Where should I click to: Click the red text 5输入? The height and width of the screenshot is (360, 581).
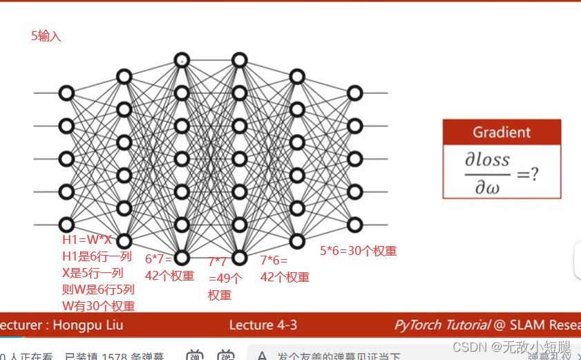(x=46, y=37)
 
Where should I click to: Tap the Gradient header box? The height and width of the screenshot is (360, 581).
(x=502, y=132)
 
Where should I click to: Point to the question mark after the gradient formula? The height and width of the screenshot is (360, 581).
(x=533, y=173)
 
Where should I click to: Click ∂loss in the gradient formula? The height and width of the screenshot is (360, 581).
(x=488, y=160)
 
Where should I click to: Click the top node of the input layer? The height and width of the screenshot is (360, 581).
(x=66, y=93)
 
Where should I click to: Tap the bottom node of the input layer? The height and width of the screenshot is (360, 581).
(x=66, y=225)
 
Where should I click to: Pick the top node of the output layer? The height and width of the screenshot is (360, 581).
(x=354, y=93)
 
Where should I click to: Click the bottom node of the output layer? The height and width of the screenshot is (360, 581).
(x=354, y=225)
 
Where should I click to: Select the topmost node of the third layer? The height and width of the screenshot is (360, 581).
(x=182, y=60)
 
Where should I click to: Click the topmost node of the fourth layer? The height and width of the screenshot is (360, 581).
(x=239, y=60)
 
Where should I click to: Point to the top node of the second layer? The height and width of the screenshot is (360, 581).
(x=124, y=76)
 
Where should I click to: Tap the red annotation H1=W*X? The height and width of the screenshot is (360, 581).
(x=87, y=240)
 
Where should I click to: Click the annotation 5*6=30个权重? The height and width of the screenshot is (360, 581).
(x=358, y=252)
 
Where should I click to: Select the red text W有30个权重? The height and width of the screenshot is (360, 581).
(x=99, y=306)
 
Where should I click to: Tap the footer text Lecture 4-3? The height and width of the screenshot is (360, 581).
(x=263, y=325)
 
